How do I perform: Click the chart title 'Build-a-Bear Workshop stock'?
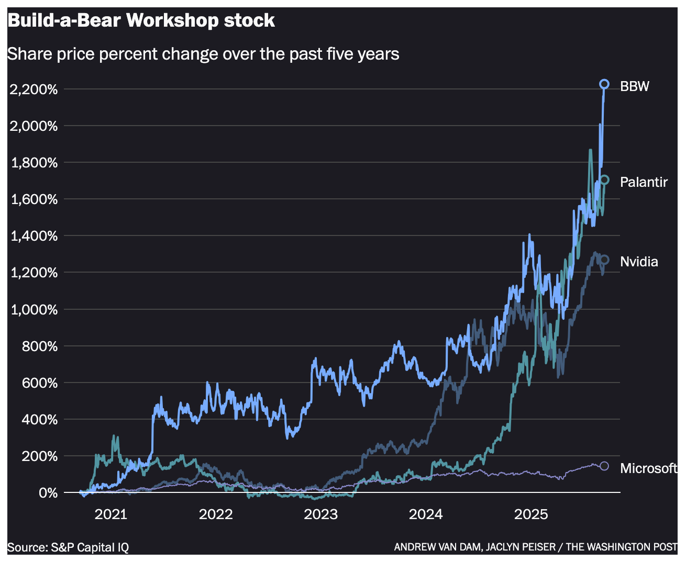pyautogui.click(x=141, y=21)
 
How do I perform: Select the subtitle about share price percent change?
pyautogui.click(x=203, y=54)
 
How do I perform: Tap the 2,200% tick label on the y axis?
pyautogui.click(x=34, y=89)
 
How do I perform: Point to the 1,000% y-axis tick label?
pyautogui.click(x=34, y=310)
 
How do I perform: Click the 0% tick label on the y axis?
pyautogui.click(x=48, y=493)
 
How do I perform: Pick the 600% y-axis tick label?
pyautogui.click(x=40, y=383)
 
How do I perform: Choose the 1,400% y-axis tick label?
pyautogui.click(x=34, y=236)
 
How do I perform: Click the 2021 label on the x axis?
pyautogui.click(x=110, y=514)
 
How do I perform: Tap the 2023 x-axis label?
pyautogui.click(x=320, y=514)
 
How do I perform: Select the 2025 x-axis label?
pyautogui.click(x=531, y=514)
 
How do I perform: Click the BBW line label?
pyautogui.click(x=634, y=86)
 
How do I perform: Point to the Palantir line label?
pyautogui.click(x=644, y=182)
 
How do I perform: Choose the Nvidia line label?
pyautogui.click(x=639, y=262)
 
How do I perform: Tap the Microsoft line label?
pyautogui.click(x=648, y=468)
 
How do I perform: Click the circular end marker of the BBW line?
pyautogui.click(x=604, y=84)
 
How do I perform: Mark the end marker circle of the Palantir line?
pyautogui.click(x=604, y=180)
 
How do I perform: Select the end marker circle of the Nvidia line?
pyautogui.click(x=604, y=260)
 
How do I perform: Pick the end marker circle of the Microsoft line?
pyautogui.click(x=604, y=466)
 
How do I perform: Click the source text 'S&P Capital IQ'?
pyautogui.click(x=90, y=547)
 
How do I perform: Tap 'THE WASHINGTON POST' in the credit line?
pyautogui.click(x=621, y=547)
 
